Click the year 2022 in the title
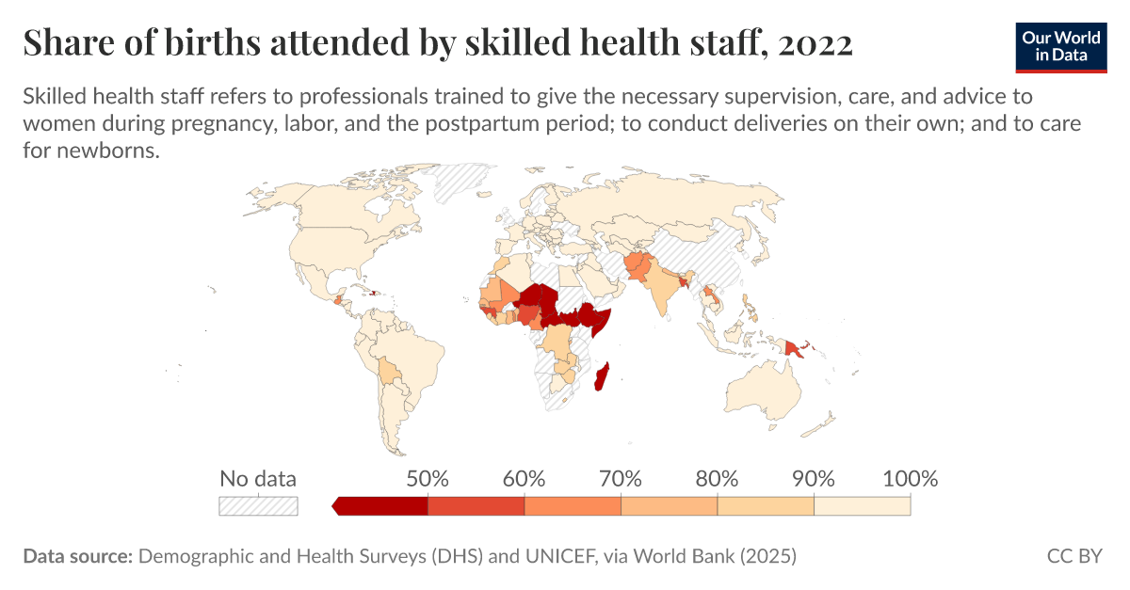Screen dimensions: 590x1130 click(x=815, y=43)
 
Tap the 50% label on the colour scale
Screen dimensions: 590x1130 click(x=428, y=478)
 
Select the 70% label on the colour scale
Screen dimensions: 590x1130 click(x=621, y=478)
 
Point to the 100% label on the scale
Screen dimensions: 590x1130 click(x=910, y=478)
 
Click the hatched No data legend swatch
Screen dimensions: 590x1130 click(x=258, y=506)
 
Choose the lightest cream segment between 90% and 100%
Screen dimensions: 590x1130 click(x=862, y=506)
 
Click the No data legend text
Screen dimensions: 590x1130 click(x=258, y=478)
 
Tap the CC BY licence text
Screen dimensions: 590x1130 click(x=1073, y=556)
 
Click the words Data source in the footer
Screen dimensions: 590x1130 click(x=77, y=556)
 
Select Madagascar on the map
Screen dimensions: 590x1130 click(x=604, y=378)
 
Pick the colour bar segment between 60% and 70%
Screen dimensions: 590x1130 click(x=573, y=506)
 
